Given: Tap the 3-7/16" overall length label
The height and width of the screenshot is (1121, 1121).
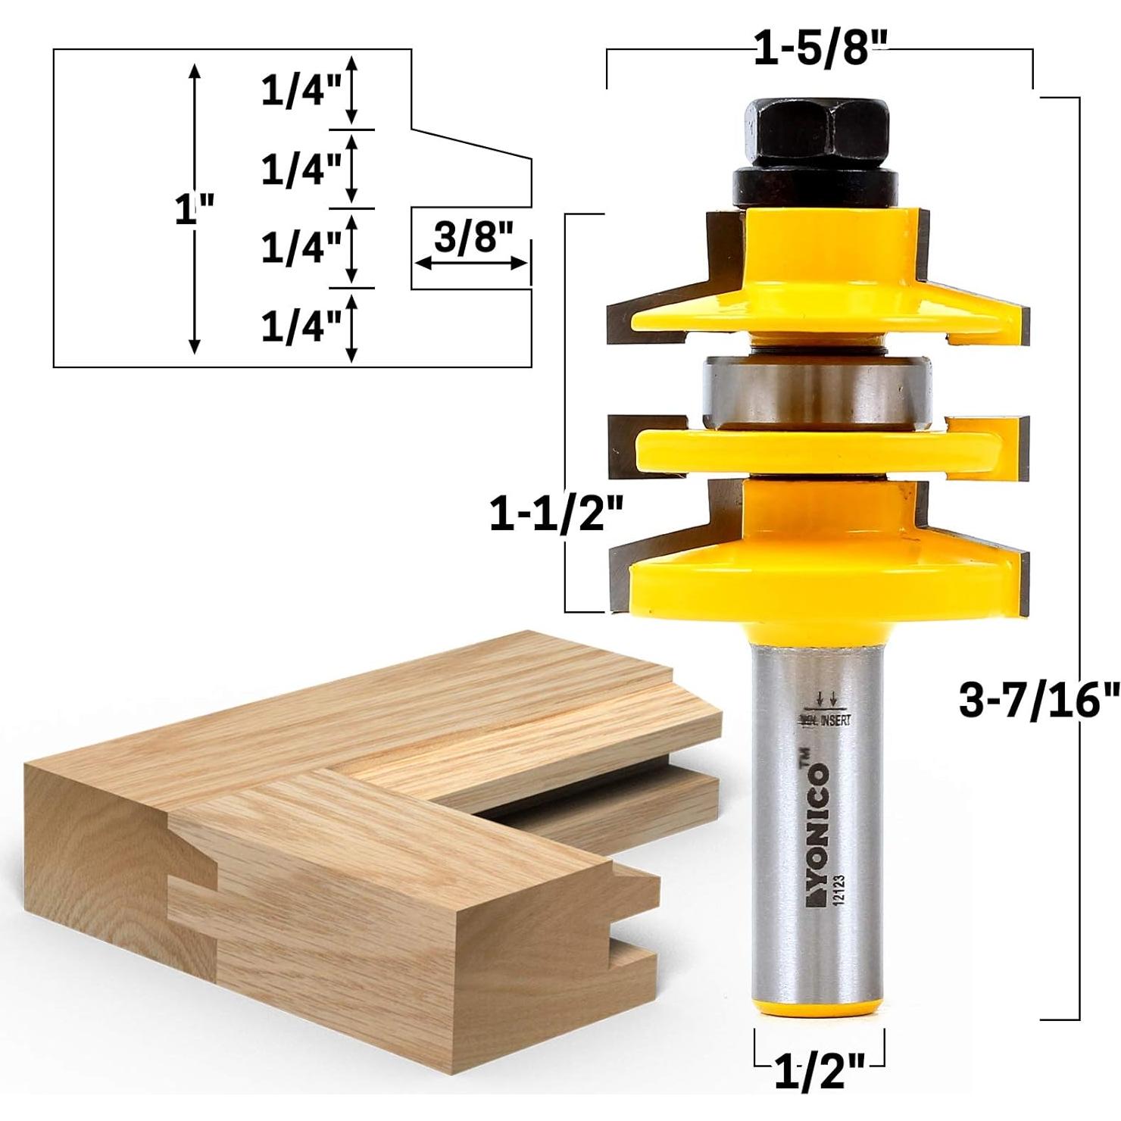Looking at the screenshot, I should pyautogui.click(x=1038, y=701).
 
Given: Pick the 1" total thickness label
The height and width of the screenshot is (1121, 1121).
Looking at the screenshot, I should pyautogui.click(x=194, y=209).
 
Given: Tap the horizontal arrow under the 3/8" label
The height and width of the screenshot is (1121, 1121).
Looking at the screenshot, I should pyautogui.click(x=472, y=263).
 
